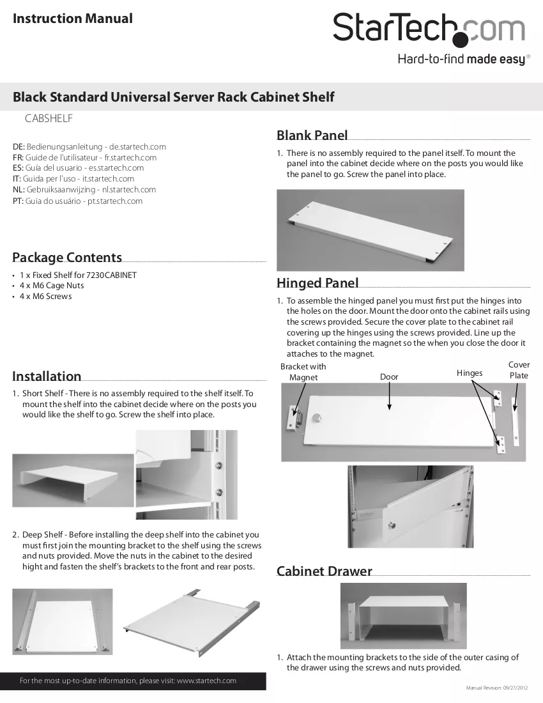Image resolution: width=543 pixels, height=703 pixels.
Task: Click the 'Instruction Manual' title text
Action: pyautogui.click(x=73, y=19)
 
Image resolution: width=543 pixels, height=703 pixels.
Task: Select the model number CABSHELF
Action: pyautogui.click(x=49, y=118)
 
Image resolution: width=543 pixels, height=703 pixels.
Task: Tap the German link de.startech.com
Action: pyautogui.click(x=137, y=146)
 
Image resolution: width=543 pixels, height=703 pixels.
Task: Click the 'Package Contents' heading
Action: pyautogui.click(x=67, y=257)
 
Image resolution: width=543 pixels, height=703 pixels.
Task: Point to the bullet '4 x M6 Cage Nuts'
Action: pyautogui.click(x=52, y=286)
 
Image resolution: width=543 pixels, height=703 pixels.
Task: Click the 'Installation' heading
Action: pyautogui.click(x=47, y=376)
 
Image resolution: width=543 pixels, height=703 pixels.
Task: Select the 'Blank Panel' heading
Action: pyautogui.click(x=312, y=135)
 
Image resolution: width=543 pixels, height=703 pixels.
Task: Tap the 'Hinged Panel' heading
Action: pyautogui.click(x=317, y=282)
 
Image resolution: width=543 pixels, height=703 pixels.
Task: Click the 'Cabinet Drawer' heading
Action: pyautogui.click(x=325, y=571)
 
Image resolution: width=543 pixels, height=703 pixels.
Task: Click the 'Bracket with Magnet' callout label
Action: pyautogui.click(x=303, y=372)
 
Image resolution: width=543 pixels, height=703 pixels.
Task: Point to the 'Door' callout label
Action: pyautogui.click(x=389, y=376)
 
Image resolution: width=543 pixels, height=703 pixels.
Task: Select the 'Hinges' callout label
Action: pyautogui.click(x=470, y=373)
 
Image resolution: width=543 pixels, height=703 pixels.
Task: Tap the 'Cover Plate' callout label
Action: pyautogui.click(x=519, y=370)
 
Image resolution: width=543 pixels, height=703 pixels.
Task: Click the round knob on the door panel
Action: pyautogui.click(x=317, y=419)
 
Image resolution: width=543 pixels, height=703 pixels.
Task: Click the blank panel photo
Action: pyautogui.click(x=370, y=230)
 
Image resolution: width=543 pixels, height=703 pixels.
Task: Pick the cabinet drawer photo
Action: pyautogui.click(x=403, y=615)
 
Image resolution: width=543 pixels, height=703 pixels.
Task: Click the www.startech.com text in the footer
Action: pyautogui.click(x=206, y=681)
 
